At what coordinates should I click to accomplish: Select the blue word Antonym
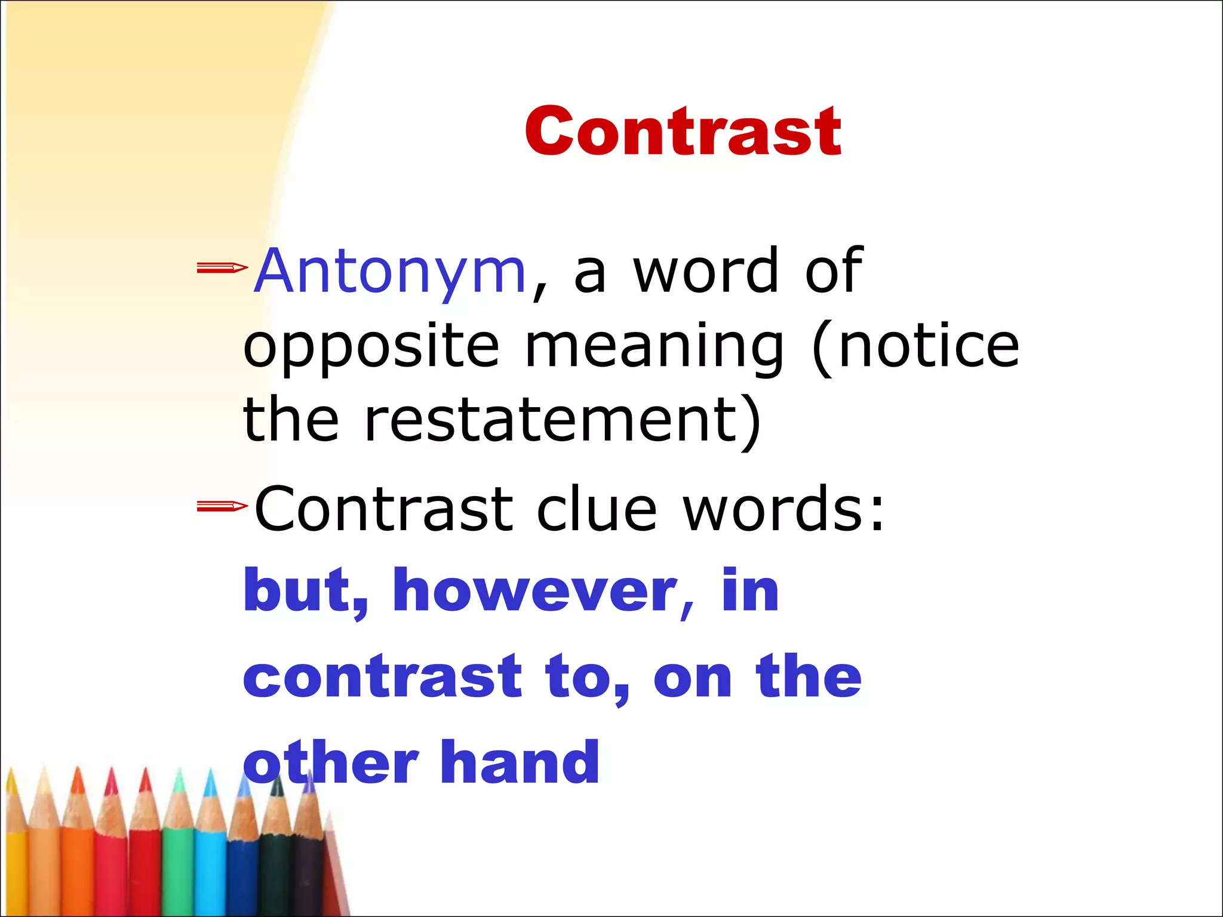point(390,272)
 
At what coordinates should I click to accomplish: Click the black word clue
point(597,509)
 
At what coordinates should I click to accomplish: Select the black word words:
point(783,509)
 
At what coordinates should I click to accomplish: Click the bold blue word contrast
point(383,676)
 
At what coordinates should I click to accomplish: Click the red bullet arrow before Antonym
point(222,268)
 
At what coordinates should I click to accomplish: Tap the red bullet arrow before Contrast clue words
point(222,507)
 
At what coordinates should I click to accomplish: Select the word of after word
point(833,272)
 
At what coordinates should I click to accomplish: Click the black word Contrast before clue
point(383,509)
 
